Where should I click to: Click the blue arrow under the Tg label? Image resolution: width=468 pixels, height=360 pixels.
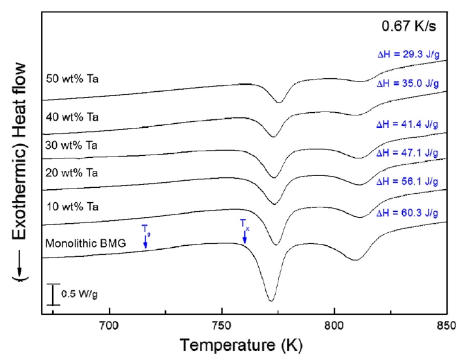(145, 241)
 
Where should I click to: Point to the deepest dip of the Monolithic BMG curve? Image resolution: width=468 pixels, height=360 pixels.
(271, 301)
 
